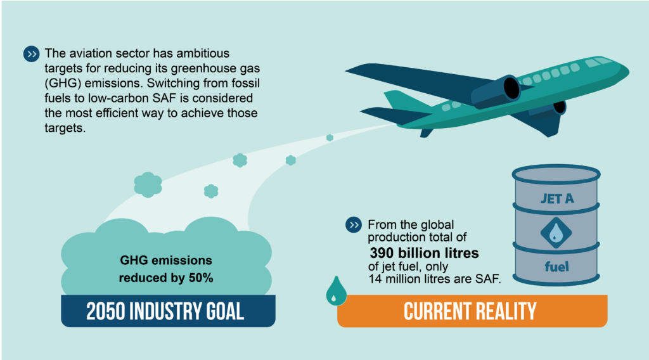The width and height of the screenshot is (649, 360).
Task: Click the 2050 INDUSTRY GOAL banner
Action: point(168,311)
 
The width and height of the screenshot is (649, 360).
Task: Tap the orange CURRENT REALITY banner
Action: point(472,311)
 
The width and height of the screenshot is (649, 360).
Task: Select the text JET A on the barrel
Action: point(557,199)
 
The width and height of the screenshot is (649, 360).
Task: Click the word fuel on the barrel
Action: point(556,266)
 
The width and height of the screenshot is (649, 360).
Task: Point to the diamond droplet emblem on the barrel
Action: point(556,233)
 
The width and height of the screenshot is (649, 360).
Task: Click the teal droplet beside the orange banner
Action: point(336,292)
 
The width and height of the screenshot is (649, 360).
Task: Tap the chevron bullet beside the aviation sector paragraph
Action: point(32,55)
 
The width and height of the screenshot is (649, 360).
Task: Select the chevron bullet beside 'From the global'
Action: point(354,225)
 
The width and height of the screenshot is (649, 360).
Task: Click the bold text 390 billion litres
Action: point(424,253)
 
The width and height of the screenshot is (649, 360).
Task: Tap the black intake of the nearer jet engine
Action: point(511,88)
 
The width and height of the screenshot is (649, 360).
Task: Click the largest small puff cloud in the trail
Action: point(148,184)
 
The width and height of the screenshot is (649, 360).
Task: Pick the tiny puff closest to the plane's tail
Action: point(330,138)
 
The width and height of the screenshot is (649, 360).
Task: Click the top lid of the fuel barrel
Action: point(556,174)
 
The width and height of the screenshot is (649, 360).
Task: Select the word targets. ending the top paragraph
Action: point(65,128)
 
